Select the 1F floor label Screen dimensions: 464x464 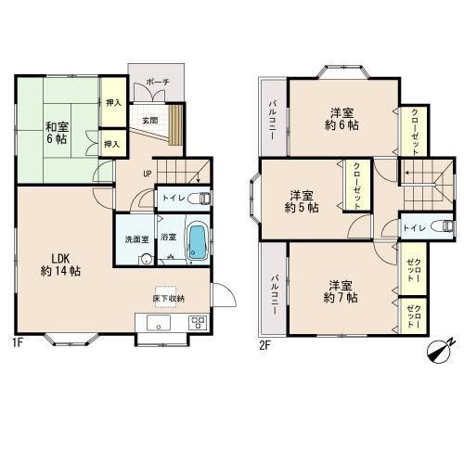pos(18,342)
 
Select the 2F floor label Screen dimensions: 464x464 pos(265,345)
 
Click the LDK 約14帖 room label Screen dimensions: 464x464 pos(61,264)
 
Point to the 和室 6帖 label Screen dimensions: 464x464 pos(57,133)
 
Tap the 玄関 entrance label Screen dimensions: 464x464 pos(149,121)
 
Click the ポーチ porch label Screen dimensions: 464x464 pos(157,83)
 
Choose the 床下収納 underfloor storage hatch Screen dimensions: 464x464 pos(168,298)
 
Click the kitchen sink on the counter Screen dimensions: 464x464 pos(159,323)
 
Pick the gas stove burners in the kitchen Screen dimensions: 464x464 pos(198,323)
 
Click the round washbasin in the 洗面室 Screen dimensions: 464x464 pos(146,259)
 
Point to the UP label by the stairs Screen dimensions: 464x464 pos(147,174)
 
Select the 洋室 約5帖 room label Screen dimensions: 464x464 pos(302,201)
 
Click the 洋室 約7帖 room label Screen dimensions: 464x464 pos(341,291)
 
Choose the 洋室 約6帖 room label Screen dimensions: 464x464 pos(342,119)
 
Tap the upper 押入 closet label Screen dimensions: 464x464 pos(113,103)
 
